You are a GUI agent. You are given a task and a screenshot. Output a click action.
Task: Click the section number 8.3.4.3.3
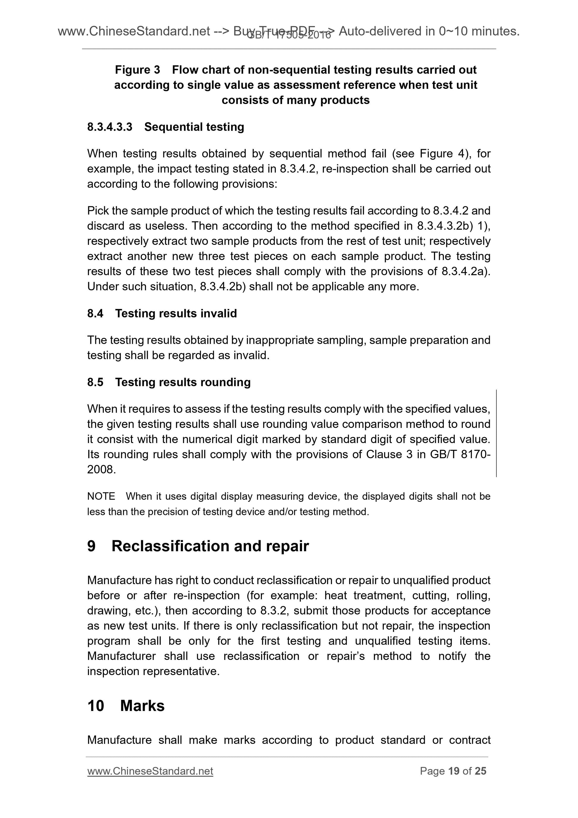(x=110, y=127)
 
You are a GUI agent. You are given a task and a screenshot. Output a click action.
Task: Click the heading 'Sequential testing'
(x=194, y=127)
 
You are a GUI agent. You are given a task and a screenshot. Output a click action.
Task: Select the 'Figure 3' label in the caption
(x=138, y=70)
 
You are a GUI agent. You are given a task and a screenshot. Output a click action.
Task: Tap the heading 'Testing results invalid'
(x=176, y=313)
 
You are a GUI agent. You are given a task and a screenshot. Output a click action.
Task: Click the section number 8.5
(x=95, y=382)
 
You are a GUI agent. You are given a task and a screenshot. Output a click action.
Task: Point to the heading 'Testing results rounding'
(x=183, y=382)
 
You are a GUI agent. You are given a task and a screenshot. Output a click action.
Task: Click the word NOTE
(x=101, y=496)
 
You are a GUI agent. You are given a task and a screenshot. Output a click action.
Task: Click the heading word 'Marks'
(x=143, y=706)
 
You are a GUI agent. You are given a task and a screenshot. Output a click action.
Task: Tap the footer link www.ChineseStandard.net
(x=150, y=771)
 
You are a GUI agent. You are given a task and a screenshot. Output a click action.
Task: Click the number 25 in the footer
(x=480, y=771)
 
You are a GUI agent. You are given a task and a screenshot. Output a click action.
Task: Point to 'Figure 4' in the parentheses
(x=441, y=154)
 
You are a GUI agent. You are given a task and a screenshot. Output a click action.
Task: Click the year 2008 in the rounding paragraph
(x=101, y=469)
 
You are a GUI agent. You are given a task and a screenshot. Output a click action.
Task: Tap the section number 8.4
(x=95, y=313)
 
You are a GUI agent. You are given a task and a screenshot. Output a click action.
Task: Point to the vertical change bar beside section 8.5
(x=496, y=433)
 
